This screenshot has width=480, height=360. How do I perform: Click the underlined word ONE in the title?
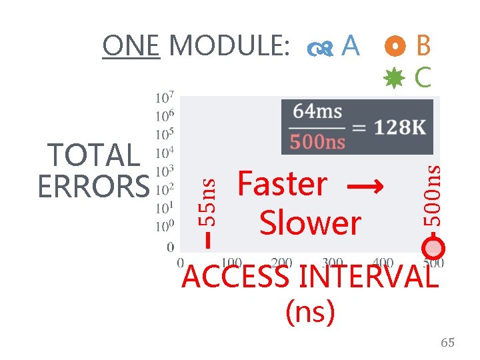(x=131, y=47)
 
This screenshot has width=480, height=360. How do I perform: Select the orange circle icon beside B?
(x=396, y=45)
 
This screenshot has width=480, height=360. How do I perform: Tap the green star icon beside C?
(x=395, y=78)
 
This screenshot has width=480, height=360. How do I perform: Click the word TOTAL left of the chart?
(x=93, y=156)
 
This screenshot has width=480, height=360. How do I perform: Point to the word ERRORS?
(x=93, y=186)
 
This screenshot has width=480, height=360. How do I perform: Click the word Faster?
(x=283, y=184)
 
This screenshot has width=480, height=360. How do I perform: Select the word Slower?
(x=310, y=223)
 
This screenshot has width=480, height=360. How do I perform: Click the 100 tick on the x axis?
(x=231, y=263)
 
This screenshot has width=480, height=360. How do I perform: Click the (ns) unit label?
(x=309, y=311)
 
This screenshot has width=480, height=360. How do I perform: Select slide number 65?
(x=447, y=342)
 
